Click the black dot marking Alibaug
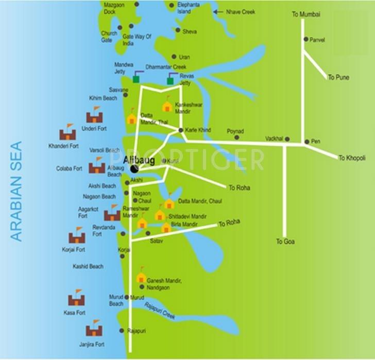point(134,169)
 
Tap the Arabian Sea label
point(17,191)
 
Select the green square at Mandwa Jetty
point(136,79)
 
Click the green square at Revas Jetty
point(170,81)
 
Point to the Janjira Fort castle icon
point(94,329)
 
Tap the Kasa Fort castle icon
point(76,299)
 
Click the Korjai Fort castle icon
point(77,236)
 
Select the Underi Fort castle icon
point(94,116)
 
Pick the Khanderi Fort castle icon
point(67,133)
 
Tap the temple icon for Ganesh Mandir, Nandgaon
point(141,277)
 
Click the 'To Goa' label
point(285,241)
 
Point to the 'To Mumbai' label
point(306,14)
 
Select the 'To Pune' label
point(338,77)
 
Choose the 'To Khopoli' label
point(352,158)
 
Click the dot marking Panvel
point(305,39)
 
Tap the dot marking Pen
point(306,141)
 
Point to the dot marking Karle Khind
point(181,130)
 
